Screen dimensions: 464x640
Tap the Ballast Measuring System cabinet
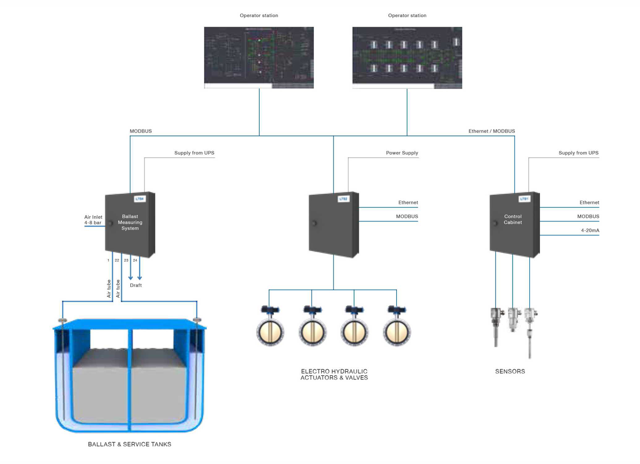(130, 225)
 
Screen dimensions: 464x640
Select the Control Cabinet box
(514, 225)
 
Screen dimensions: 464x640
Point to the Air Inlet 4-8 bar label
(93, 220)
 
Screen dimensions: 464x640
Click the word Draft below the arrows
(136, 285)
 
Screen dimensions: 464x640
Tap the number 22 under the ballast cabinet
(117, 261)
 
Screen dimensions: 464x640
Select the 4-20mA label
(590, 231)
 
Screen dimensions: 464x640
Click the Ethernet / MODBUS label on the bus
(491, 131)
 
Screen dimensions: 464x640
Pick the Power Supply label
(402, 153)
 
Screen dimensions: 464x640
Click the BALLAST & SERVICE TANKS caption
(129, 444)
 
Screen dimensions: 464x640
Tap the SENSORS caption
(510, 371)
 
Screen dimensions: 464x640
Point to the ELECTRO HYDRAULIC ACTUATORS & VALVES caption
(334, 375)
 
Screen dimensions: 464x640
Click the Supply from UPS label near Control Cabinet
(579, 153)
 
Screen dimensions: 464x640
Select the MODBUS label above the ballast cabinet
(141, 131)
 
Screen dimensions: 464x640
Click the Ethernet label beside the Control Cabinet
(589, 203)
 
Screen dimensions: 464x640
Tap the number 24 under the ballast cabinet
(135, 261)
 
